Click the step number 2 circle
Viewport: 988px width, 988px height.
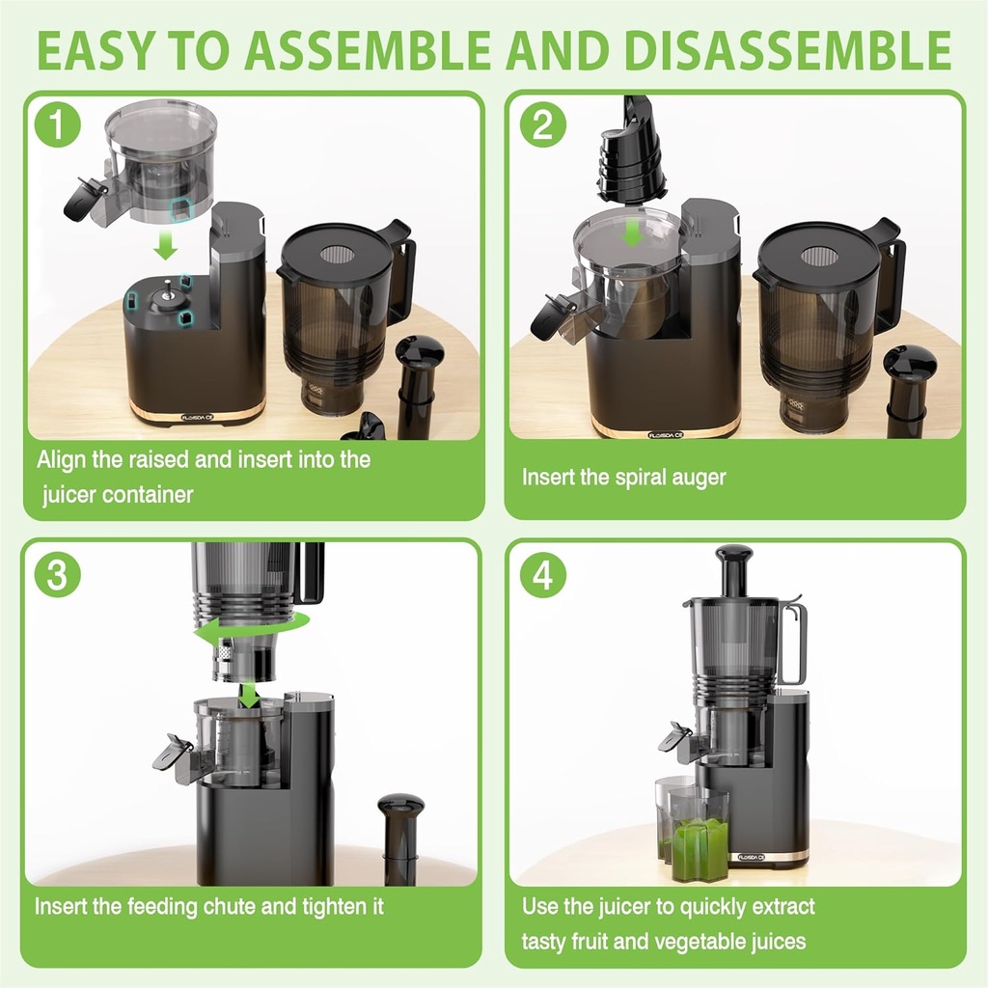pyautogui.click(x=542, y=127)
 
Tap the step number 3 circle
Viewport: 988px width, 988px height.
pyautogui.click(x=57, y=576)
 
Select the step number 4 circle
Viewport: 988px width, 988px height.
pyautogui.click(x=542, y=576)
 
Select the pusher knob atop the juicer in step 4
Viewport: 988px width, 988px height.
pyautogui.click(x=733, y=556)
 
